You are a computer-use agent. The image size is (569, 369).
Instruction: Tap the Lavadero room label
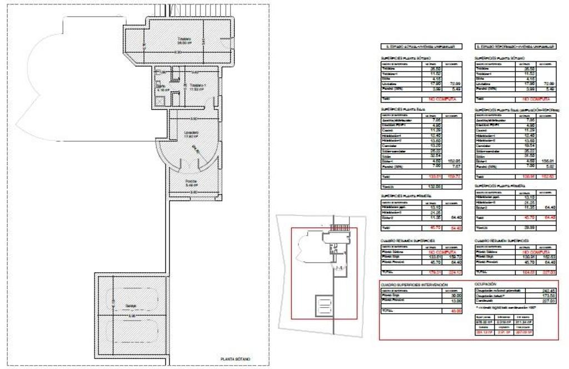coord(192,132)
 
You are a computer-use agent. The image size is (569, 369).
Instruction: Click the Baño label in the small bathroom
coord(160,87)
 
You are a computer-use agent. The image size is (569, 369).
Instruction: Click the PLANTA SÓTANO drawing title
coord(236,360)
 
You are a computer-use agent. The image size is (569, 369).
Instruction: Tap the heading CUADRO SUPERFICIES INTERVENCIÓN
coord(415,284)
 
